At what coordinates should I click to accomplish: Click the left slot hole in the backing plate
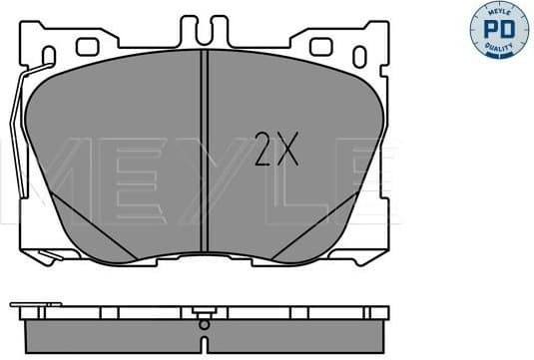tap(88, 45)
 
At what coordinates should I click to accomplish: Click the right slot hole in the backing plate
tap(321, 45)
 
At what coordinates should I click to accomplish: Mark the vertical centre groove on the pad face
tap(204, 160)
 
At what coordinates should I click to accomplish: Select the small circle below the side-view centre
tap(204, 324)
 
